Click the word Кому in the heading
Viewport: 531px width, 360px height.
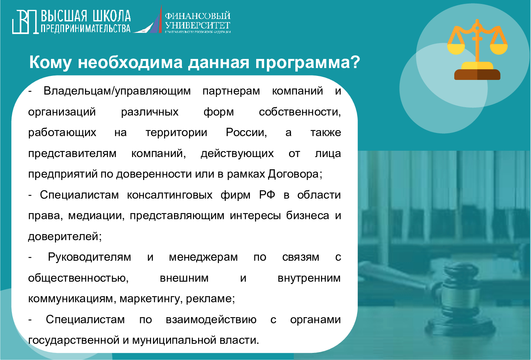coord(50,63)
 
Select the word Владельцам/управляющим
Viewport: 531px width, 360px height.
coord(117,91)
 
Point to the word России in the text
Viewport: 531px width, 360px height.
coord(246,133)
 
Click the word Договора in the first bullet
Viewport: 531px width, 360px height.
coord(295,174)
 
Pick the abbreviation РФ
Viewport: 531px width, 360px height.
coord(267,195)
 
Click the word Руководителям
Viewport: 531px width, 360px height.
coord(89,257)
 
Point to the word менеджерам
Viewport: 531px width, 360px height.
coord(203,257)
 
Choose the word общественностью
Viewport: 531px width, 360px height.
coord(78,278)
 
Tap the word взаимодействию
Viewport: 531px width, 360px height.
coord(211,320)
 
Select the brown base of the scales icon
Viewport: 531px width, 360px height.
coord(477,75)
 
